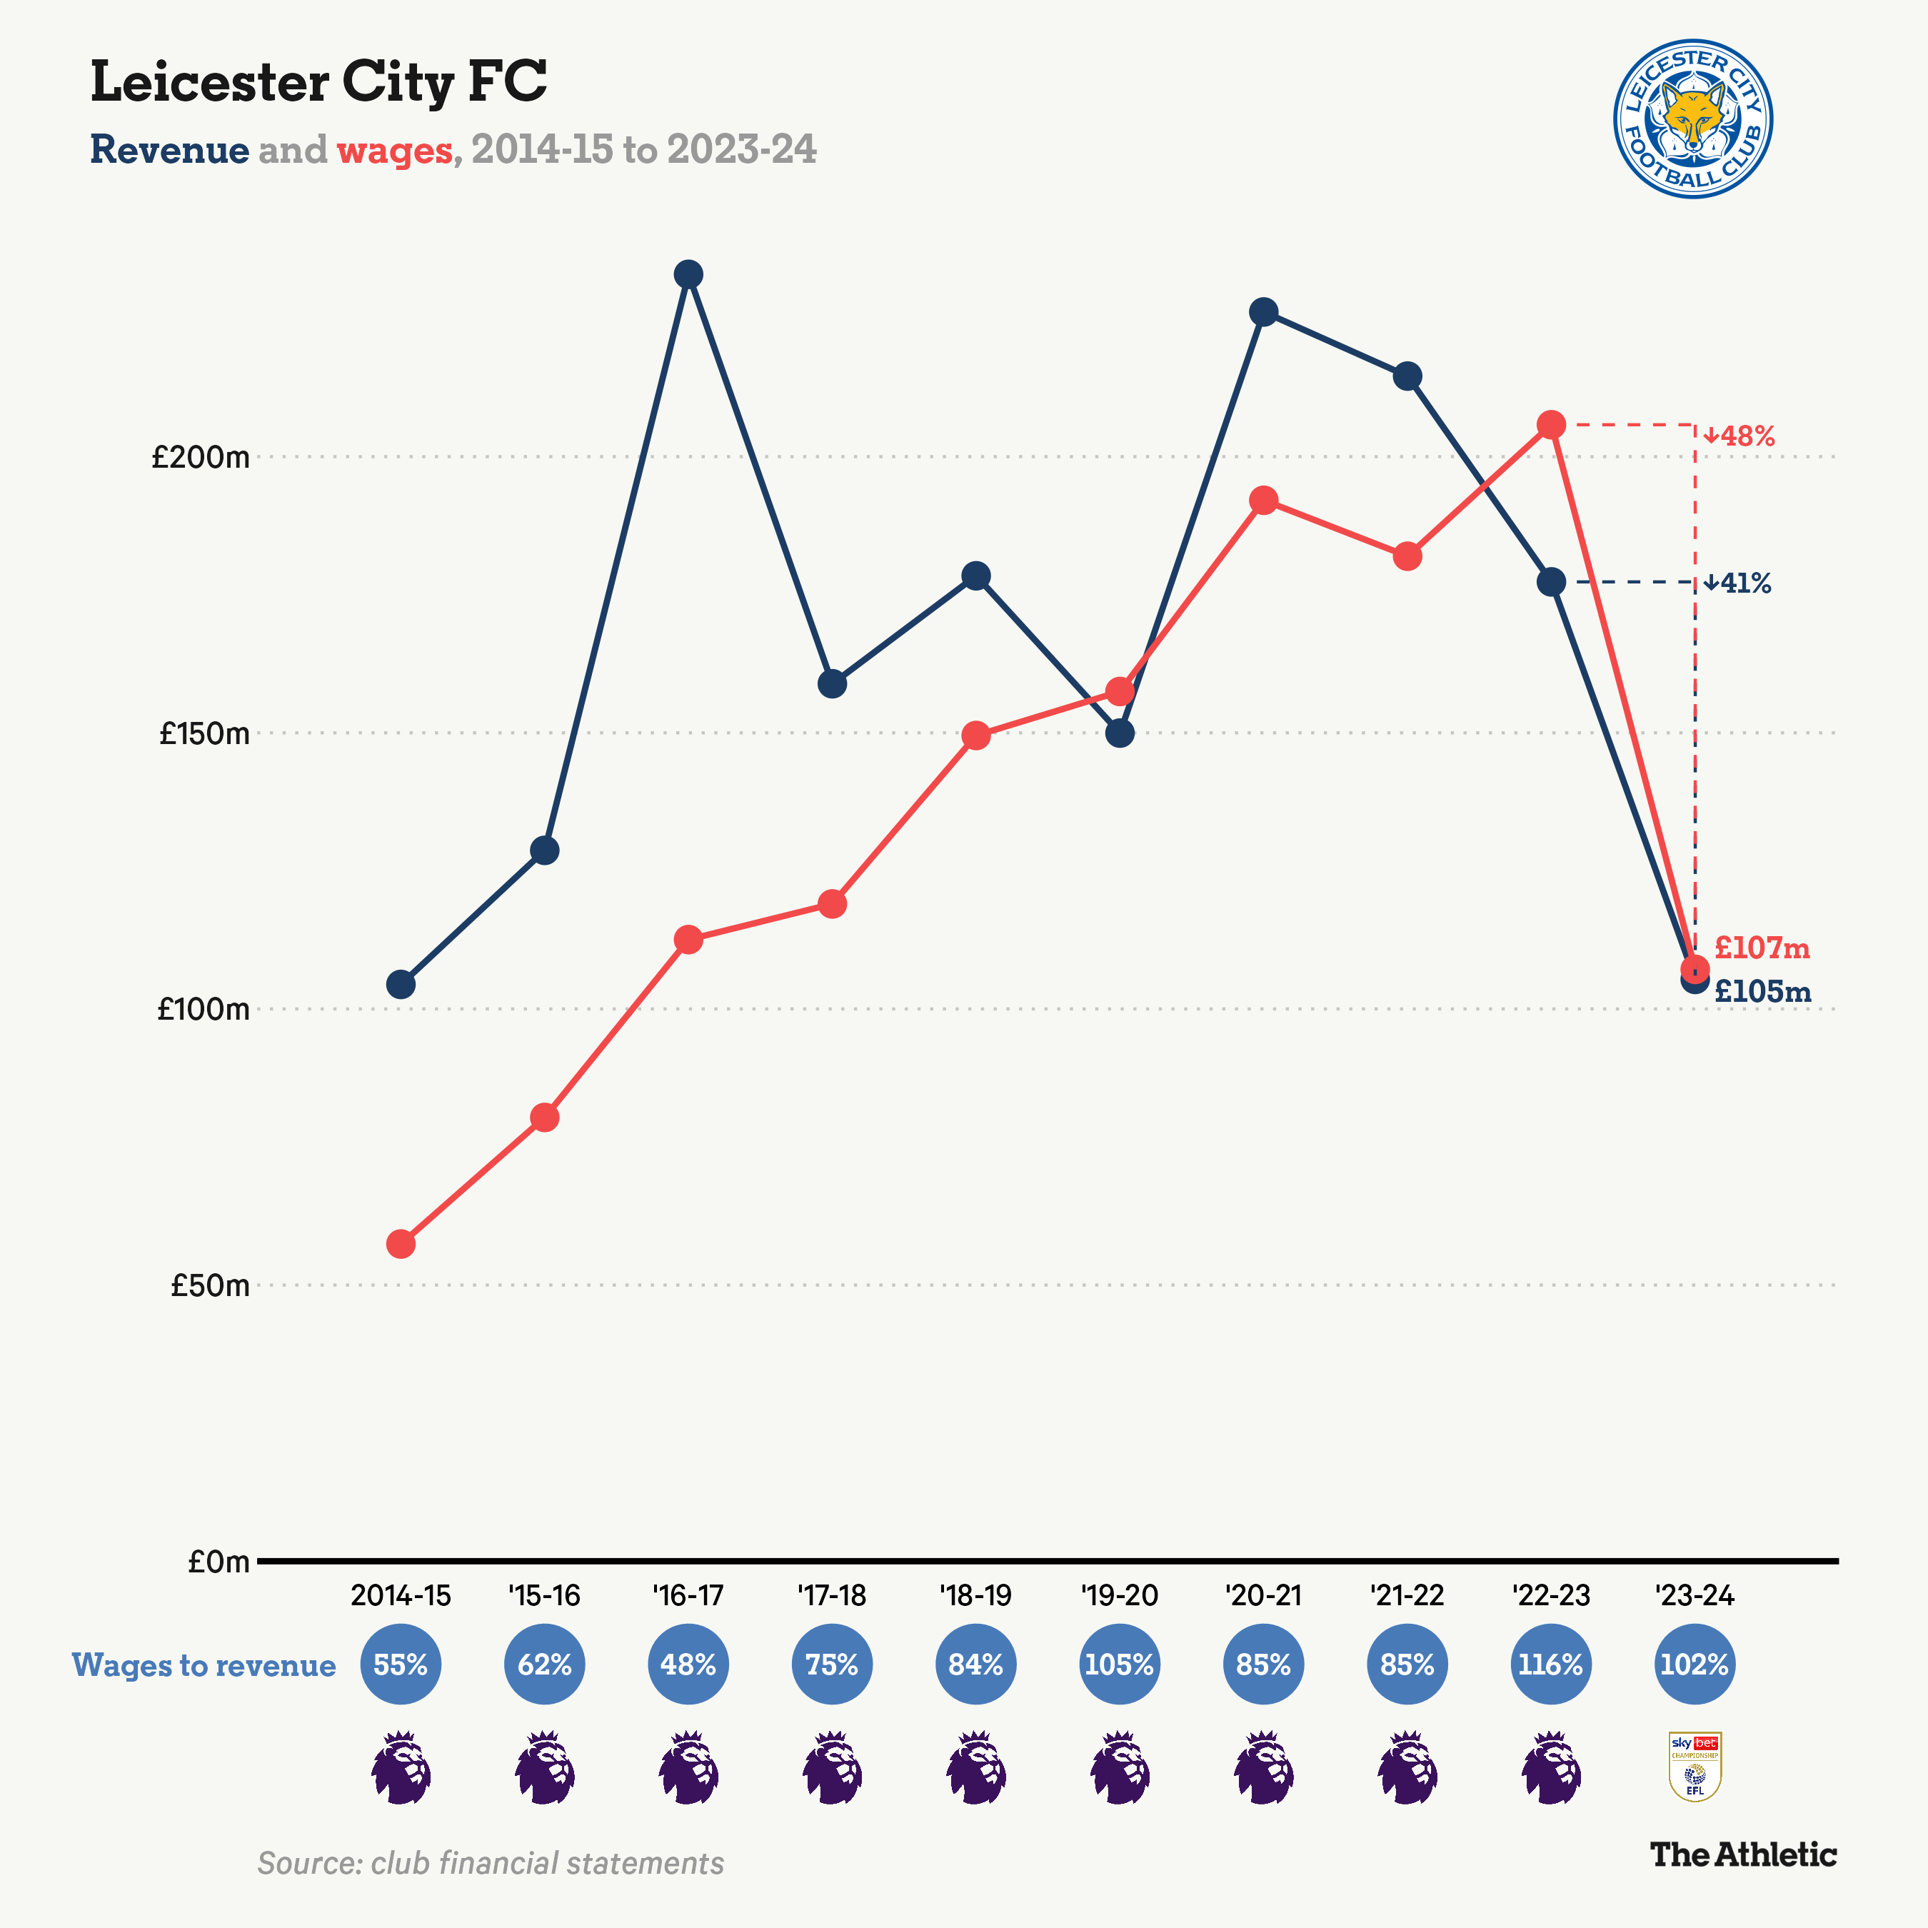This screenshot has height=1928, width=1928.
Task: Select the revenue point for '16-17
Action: point(688,274)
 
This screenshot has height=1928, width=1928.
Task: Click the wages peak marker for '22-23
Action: point(1551,425)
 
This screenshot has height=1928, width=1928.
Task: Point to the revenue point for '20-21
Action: point(1263,312)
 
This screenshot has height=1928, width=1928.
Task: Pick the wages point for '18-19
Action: point(976,736)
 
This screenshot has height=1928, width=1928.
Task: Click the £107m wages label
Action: point(1762,948)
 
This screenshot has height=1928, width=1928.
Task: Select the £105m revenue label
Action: point(1762,991)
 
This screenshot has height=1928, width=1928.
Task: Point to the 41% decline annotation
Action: point(1737,583)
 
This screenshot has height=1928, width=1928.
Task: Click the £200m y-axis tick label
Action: point(201,458)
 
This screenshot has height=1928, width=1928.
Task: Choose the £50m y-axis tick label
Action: point(209,1285)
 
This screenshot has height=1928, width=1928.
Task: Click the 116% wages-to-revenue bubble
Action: point(1551,1665)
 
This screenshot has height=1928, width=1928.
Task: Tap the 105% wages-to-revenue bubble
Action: point(1120,1665)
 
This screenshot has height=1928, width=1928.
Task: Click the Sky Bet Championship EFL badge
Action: point(1694,1767)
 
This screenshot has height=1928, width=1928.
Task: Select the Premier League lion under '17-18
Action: point(833,1767)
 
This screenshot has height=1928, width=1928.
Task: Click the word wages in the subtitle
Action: point(394,151)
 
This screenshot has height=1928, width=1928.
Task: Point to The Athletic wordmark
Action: point(1742,1854)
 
